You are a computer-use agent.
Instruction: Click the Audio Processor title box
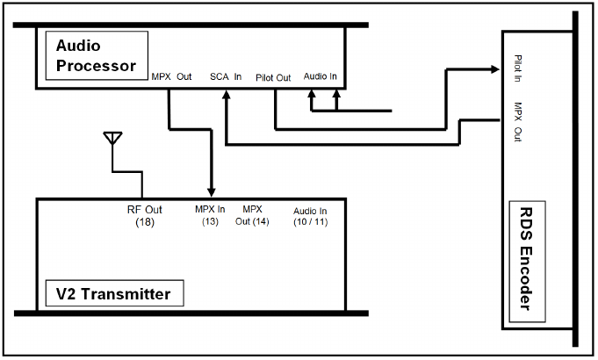[x=96, y=54]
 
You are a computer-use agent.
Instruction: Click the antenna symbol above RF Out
[x=112, y=139]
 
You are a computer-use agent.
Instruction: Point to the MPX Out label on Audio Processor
[x=171, y=76]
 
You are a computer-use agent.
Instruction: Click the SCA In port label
[x=226, y=76]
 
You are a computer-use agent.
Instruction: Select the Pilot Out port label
[x=273, y=76]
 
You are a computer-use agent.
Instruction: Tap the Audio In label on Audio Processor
[x=321, y=76]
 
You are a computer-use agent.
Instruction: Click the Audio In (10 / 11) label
[x=310, y=216]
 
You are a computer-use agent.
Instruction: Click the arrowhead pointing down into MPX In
[x=211, y=192]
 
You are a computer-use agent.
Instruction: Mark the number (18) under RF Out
[x=145, y=222]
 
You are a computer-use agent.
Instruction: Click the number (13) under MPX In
[x=210, y=221]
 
